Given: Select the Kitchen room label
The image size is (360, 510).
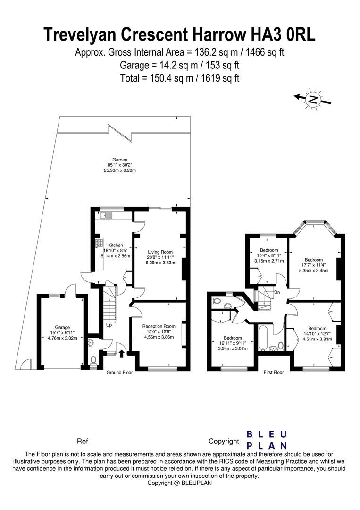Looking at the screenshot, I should click(x=116, y=245).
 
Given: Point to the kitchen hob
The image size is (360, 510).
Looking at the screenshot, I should click(x=100, y=243).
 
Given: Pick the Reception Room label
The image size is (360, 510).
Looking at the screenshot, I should click(x=159, y=326).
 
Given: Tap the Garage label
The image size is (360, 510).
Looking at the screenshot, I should click(x=62, y=327).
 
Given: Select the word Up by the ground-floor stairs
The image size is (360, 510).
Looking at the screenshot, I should click(x=109, y=325).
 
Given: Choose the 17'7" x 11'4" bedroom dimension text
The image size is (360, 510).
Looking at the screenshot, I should click(x=313, y=265).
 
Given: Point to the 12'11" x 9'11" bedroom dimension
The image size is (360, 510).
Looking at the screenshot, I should click(x=233, y=343).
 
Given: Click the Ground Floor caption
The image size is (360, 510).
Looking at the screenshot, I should click(x=119, y=372).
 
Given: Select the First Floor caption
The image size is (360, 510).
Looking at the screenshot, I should click(x=274, y=372).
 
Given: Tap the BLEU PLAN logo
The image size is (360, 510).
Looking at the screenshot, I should click(x=267, y=440).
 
